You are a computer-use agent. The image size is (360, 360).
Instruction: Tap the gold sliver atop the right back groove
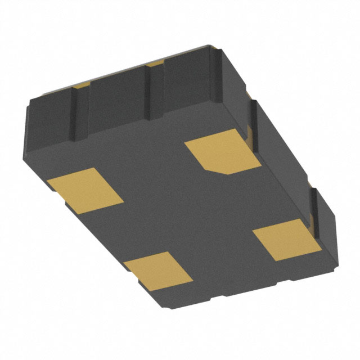(x=155, y=66)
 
